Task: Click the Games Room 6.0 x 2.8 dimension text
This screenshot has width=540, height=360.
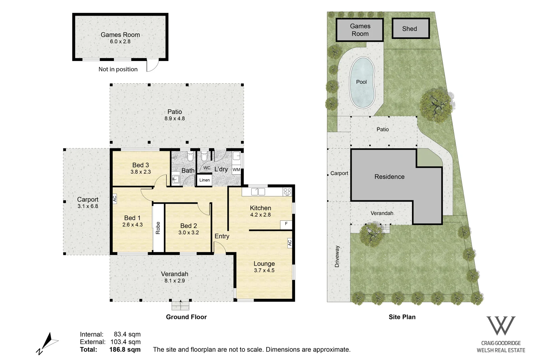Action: coord(120,41)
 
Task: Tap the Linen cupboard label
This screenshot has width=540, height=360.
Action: coord(204,180)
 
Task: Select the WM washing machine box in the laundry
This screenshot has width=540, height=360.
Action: coord(236,170)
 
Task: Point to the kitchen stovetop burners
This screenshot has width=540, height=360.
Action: coord(287,192)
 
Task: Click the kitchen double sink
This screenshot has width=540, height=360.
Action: coord(258,192)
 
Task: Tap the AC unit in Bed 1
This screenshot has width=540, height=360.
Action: coord(115,199)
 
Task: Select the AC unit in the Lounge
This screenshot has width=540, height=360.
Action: coord(290,243)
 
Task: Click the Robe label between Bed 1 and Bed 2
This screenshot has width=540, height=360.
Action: coord(158,228)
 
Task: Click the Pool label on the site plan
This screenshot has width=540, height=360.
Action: coord(361,82)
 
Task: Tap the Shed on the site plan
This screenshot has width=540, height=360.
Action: coord(411,28)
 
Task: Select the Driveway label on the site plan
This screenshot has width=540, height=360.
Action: coord(337,256)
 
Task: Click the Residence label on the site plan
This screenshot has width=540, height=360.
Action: coord(389,177)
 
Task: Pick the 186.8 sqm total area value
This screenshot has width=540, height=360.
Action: coord(125,349)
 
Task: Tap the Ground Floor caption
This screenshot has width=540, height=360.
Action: coord(186,317)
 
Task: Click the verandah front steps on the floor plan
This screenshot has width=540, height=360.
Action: coord(180,305)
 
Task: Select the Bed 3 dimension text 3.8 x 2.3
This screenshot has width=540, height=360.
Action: coord(141,172)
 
